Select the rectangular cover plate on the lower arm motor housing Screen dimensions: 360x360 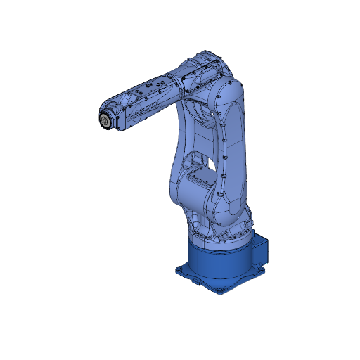click(x=198, y=179)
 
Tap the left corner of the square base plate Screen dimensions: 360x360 click(x=179, y=270)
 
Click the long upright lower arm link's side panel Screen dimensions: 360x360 click(x=233, y=155)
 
